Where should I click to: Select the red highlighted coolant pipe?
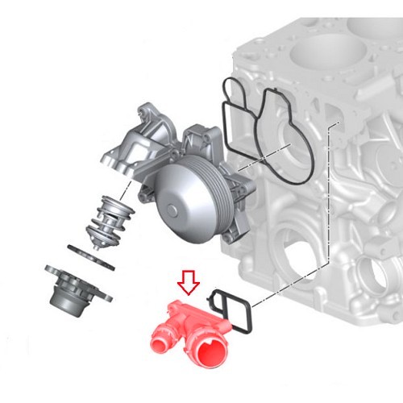click(190, 330)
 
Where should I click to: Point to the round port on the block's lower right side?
click(375, 274)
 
